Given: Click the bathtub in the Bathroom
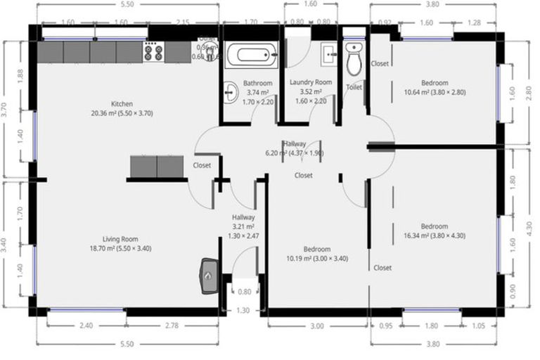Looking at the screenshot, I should pyautogui.click(x=251, y=55).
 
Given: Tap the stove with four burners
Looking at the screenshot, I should pyautogui.click(x=153, y=51).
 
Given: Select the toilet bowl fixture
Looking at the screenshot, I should pyautogui.click(x=354, y=60).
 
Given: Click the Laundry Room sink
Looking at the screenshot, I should pyautogui.click(x=328, y=53).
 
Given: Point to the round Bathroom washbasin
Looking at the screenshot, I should pyautogui.click(x=231, y=91).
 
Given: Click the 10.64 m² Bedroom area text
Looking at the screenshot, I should pyautogui.click(x=435, y=91).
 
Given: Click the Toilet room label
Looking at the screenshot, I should pyautogui.click(x=354, y=87).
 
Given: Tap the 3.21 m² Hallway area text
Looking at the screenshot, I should pyautogui.click(x=243, y=227).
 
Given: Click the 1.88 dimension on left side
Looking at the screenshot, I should pyautogui.click(x=19, y=77).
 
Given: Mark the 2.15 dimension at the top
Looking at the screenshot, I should pyautogui.click(x=183, y=22).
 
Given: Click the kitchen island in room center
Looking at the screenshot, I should pyautogui.click(x=157, y=167).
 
